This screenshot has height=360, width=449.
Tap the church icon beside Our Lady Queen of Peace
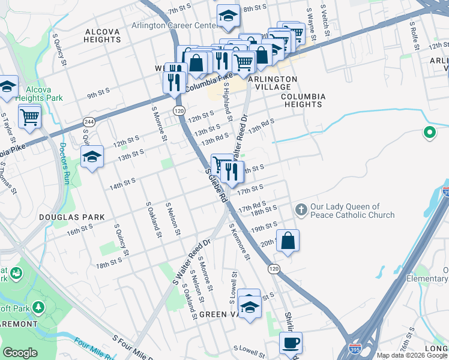coord(301,210)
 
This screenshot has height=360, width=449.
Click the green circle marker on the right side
coord(429,133)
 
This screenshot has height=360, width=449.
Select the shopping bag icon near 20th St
coord(288,240)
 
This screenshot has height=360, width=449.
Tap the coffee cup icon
coord(291,343)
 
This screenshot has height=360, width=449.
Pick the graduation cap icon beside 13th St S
coord(92,157)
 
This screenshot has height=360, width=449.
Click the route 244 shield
coord(88,121)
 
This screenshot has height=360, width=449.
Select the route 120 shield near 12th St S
coord(178,111)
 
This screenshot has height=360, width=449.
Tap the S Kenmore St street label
coord(239,242)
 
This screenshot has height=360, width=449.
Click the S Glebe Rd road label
coord(216,185)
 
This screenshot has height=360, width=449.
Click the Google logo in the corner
coord(20,353)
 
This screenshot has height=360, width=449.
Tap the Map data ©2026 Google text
coord(411,355)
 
